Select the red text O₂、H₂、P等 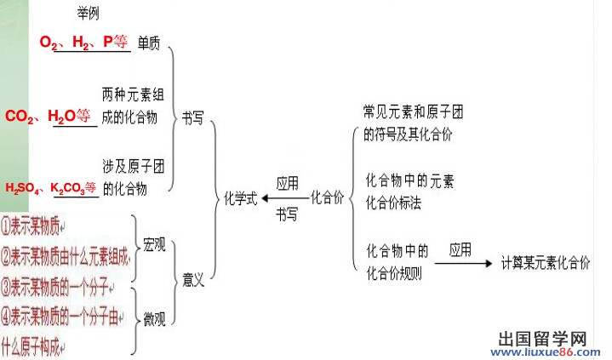(x=84, y=43)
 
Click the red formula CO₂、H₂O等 (x=47, y=117)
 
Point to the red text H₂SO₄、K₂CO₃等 (x=50, y=188)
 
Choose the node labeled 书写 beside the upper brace (x=192, y=120)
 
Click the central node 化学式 (x=240, y=198)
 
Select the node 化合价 (x=329, y=198)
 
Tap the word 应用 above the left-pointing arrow (x=287, y=183)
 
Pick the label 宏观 (x=155, y=242)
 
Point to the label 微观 (x=155, y=319)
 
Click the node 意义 (x=193, y=279)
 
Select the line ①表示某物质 (x=36, y=226)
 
